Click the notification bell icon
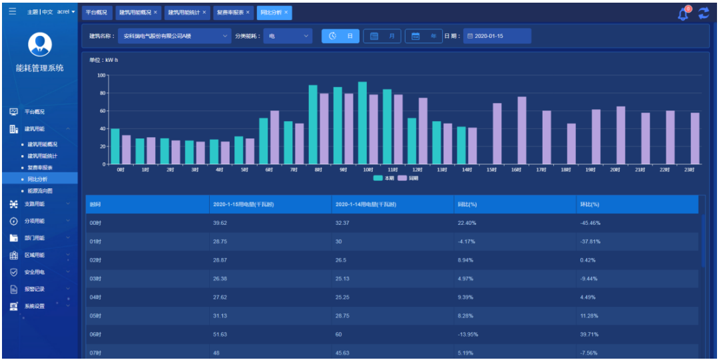click(x=683, y=13)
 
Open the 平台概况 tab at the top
click(x=96, y=13)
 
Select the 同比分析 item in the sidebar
click(x=37, y=179)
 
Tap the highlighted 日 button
click(x=341, y=36)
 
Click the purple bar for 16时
click(x=522, y=130)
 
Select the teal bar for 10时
click(x=362, y=123)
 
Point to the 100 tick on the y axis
click(x=101, y=75)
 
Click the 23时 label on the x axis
click(x=689, y=170)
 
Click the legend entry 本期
click(x=384, y=178)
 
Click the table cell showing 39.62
click(x=220, y=223)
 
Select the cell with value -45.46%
click(x=590, y=223)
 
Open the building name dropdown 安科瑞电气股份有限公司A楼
click(x=175, y=36)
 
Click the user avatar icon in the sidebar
click(x=40, y=44)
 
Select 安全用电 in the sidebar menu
click(x=35, y=272)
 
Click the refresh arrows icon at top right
click(x=704, y=13)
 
